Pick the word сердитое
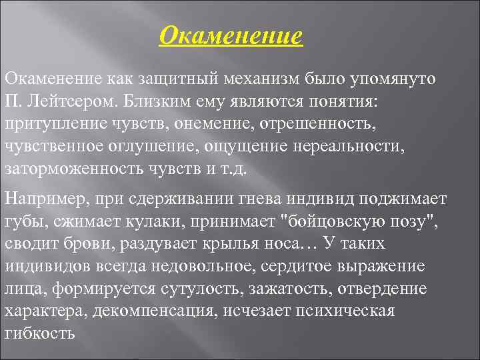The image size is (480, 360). click(300, 265)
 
